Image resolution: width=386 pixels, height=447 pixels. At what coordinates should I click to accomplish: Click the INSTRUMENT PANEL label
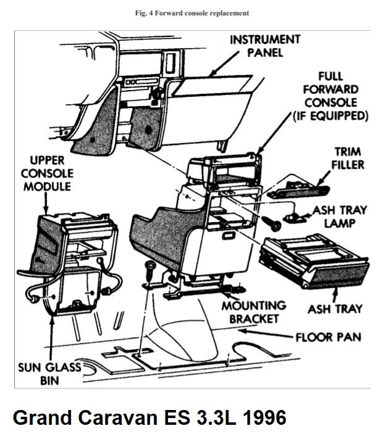[x=265, y=46]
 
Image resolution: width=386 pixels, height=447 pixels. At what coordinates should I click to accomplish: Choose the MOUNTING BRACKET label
[x=254, y=312]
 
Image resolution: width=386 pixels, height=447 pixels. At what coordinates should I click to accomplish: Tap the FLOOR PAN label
[x=328, y=338]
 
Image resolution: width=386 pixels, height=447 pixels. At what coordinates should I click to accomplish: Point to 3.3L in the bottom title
[x=203, y=417]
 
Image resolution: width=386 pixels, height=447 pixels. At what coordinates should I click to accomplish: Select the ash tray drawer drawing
[x=315, y=259]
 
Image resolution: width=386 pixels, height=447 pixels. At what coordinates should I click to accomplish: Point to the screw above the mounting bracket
[x=150, y=270]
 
